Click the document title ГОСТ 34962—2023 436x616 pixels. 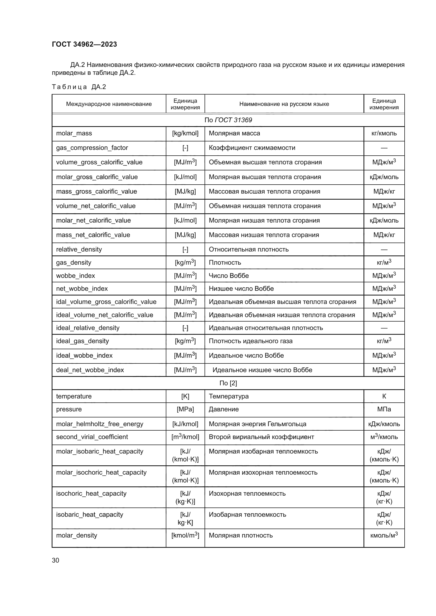[x=84, y=44]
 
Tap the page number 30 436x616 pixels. [x=56, y=560]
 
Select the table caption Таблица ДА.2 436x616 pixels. [x=79, y=87]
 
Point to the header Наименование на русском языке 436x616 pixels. [x=284, y=104]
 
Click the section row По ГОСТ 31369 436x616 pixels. [x=228, y=120]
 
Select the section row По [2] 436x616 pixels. [x=228, y=383]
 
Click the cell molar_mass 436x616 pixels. [x=74, y=133]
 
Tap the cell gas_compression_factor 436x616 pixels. [x=92, y=148]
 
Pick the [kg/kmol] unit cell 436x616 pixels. [x=185, y=133]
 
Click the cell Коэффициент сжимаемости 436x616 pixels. [x=252, y=148]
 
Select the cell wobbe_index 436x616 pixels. [x=75, y=276]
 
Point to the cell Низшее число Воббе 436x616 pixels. [x=241, y=289]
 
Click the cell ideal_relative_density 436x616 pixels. [x=88, y=328]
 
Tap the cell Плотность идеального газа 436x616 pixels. [x=251, y=341]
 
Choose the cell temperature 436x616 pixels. [x=74, y=396]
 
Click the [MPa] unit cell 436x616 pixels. [x=185, y=409]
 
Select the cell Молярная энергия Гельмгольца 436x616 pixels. [x=258, y=424]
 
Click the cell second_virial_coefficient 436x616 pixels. [x=92, y=437]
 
